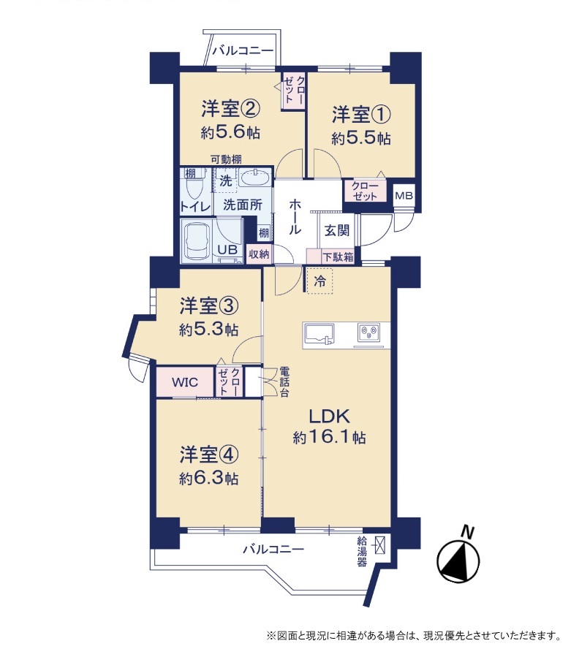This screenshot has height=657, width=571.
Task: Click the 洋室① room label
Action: pyautogui.click(x=361, y=115)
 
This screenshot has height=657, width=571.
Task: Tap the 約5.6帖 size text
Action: pyautogui.click(x=230, y=133)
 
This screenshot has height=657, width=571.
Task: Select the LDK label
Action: pyautogui.click(x=329, y=416)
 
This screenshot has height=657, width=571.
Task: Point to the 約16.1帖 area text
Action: pyautogui.click(x=329, y=438)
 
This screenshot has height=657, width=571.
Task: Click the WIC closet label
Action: pyautogui.click(x=185, y=382)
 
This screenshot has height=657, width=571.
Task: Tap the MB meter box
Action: pyautogui.click(x=404, y=195)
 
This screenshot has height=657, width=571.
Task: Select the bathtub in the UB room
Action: pyautogui.click(x=199, y=240)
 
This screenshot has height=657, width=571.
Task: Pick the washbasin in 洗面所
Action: pyautogui.click(x=257, y=179)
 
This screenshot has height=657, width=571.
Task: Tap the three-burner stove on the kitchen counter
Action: pyautogui.click(x=369, y=333)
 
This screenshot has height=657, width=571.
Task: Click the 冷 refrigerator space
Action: pyautogui.click(x=319, y=281)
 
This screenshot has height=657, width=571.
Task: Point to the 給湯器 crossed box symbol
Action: pyautogui.click(x=380, y=544)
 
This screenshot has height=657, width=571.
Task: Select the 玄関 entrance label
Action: pyautogui.click(x=336, y=230)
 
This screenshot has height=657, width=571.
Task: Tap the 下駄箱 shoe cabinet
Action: pyautogui.click(x=330, y=257)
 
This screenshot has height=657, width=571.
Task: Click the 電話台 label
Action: pyautogui.click(x=284, y=382)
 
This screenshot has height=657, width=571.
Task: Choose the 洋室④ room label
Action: pyautogui.click(x=209, y=455)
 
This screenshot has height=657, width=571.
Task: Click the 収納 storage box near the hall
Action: pyautogui.click(x=259, y=254)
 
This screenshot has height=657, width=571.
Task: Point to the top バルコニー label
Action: pyautogui.click(x=243, y=51)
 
